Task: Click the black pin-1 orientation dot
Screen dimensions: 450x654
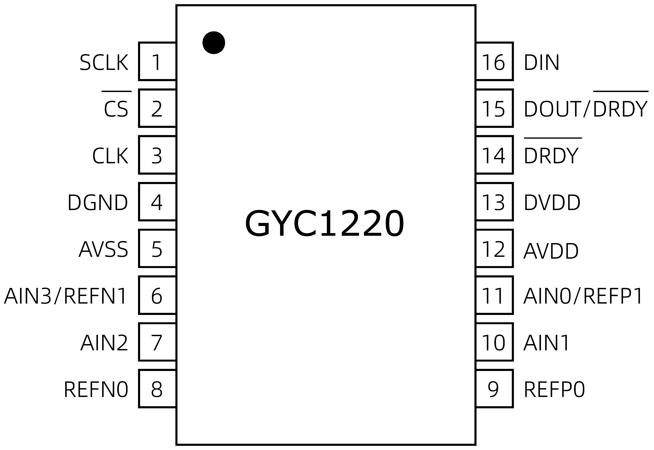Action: point(214,43)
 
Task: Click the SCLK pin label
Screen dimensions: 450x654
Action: point(104,63)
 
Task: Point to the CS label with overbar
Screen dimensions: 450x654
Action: point(116,109)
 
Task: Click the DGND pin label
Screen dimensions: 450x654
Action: point(98,202)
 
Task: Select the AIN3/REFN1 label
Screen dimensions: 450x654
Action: point(65,296)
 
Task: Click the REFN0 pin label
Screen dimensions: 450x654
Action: point(96,390)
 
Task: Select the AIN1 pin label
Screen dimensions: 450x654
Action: point(546,343)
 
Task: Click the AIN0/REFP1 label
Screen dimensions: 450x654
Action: point(583,296)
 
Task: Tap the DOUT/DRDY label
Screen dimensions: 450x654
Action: point(585,109)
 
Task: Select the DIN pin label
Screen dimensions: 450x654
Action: point(541,63)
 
